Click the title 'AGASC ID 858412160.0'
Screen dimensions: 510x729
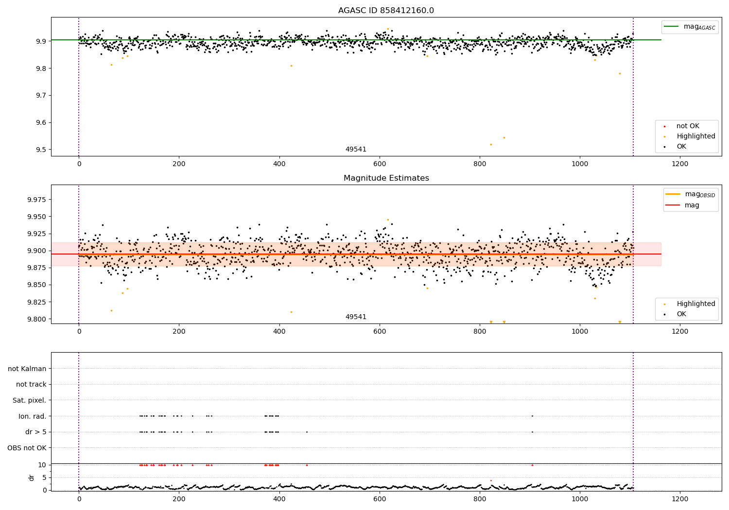click(386, 11)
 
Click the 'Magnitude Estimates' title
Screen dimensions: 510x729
click(386, 178)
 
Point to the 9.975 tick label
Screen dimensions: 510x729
click(34, 200)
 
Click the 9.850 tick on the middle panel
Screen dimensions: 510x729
click(34, 285)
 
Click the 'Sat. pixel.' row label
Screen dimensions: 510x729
click(29, 400)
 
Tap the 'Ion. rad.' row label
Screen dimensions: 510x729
click(32, 416)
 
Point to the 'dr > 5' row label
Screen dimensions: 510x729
click(35, 432)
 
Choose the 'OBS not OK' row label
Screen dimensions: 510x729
click(27, 448)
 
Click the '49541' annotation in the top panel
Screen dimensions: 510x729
click(356, 150)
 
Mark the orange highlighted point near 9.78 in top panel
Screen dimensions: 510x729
click(620, 73)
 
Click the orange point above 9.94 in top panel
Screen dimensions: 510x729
click(388, 29)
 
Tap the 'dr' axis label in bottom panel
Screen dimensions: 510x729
click(32, 477)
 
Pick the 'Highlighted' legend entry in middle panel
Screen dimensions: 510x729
click(695, 304)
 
